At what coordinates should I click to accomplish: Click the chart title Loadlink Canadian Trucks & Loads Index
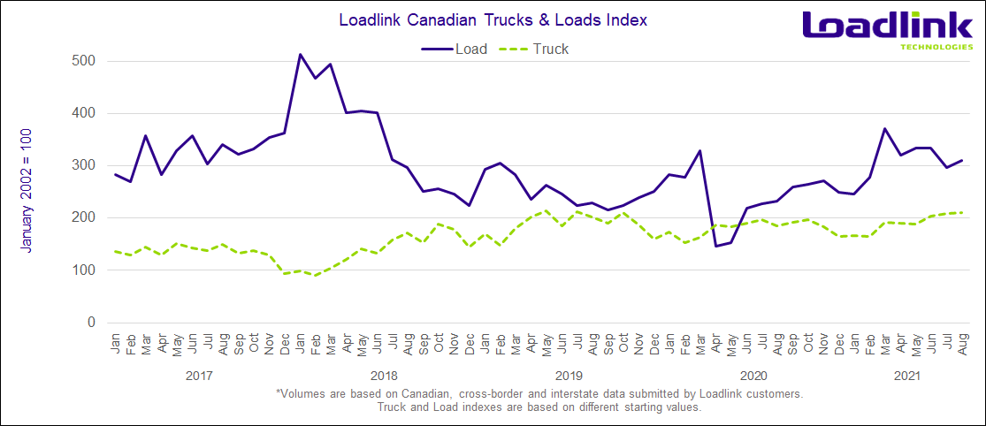point(492,18)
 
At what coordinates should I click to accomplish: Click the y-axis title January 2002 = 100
point(27,189)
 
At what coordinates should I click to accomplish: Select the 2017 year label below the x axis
point(200,376)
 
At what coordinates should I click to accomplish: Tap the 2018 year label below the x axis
point(383,376)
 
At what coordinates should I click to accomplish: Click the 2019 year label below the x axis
point(567,376)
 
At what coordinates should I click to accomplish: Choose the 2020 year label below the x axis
point(751,376)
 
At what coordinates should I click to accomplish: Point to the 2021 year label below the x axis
point(904,376)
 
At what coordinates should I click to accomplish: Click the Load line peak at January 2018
point(300,55)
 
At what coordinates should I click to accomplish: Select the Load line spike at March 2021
point(883,128)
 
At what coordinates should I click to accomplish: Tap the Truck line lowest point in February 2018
point(316,276)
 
